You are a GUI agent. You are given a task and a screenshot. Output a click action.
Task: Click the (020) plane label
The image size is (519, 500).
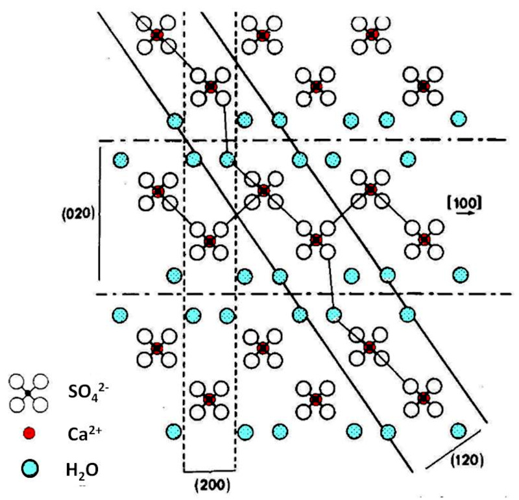(79, 213)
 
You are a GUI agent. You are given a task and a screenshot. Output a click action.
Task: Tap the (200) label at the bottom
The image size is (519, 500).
(211, 484)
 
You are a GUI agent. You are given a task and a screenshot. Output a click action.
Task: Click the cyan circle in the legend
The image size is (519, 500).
(29, 466)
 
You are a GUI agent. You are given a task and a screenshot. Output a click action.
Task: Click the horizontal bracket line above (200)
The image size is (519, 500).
(210, 469)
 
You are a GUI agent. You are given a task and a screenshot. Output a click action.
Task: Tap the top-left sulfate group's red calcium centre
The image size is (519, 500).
(156, 34)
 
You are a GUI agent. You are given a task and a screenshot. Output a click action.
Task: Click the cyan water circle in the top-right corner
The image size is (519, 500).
(459, 119)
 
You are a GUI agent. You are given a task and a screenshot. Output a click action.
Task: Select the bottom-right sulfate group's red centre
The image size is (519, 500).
(424, 397)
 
